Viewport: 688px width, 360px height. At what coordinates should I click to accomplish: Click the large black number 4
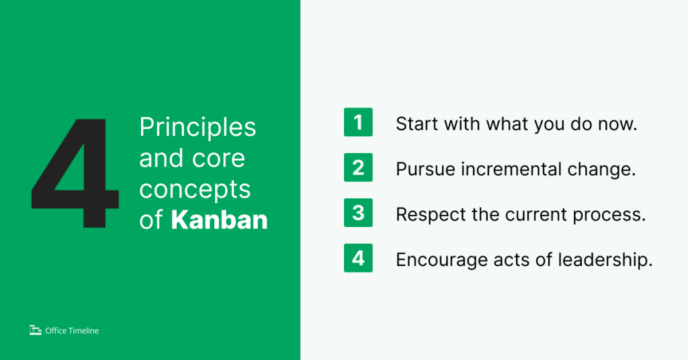(75, 173)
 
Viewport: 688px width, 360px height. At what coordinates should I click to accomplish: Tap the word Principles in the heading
(198, 127)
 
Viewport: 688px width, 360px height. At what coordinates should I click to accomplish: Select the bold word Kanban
(219, 220)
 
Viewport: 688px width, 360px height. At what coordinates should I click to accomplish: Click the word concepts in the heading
(195, 189)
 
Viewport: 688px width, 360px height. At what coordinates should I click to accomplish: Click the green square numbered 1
(358, 123)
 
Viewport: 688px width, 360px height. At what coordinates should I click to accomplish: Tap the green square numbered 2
(358, 168)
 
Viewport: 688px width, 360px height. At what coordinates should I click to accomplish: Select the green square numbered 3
(358, 213)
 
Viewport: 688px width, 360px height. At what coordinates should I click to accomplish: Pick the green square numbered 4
(358, 258)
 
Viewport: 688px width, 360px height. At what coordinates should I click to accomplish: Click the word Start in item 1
(416, 124)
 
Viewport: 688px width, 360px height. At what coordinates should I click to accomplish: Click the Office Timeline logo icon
(36, 330)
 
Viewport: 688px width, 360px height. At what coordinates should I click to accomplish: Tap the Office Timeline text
(72, 330)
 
